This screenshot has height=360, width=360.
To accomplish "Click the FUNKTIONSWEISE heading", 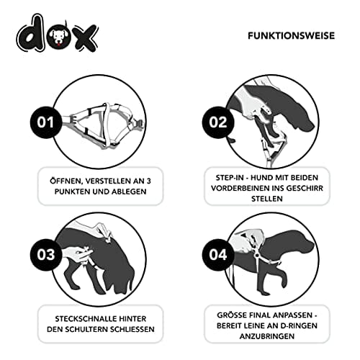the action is pos(291,36).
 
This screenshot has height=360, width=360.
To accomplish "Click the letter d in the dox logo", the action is pos(31,33).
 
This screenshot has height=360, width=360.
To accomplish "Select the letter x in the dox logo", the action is pos(86,37).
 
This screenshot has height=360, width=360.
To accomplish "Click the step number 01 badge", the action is pos(46,122).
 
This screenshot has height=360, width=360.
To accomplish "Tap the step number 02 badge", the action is pos(217,122).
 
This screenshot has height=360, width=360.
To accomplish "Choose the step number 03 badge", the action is pos(46,255).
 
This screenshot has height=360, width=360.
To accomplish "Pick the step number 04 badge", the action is pos(217,255).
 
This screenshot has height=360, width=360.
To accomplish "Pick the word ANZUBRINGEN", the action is pos(267,336).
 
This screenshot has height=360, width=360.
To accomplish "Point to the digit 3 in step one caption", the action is pos(149,181).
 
